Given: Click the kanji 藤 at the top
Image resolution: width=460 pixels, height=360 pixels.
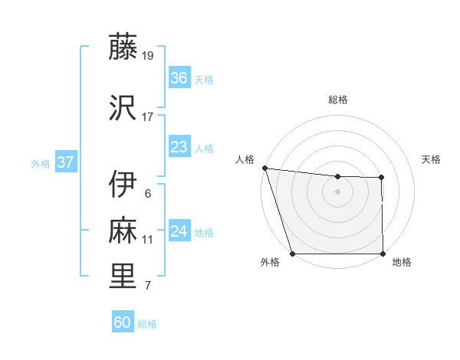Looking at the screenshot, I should click(123, 47).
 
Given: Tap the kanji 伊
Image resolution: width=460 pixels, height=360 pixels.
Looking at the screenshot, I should click(123, 185).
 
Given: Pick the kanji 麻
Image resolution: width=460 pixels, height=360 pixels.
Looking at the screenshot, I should click(123, 229).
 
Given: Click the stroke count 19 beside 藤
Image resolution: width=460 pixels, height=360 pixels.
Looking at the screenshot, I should click(148, 56).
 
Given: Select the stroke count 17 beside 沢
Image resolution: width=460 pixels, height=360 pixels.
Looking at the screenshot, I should click(148, 116).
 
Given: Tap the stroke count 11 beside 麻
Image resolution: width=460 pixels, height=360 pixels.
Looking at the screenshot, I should click(148, 240).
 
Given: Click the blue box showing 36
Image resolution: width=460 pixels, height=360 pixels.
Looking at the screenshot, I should click(179, 78).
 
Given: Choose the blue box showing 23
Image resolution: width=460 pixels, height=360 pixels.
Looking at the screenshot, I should click(179, 147).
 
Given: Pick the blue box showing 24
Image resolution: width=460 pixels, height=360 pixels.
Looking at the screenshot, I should click(179, 231).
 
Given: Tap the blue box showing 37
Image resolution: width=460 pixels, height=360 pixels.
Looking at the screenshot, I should click(65, 162).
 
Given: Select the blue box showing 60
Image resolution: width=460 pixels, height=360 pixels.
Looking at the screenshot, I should click(122, 322).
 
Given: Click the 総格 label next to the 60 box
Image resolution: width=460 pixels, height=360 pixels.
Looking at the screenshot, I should click(147, 324).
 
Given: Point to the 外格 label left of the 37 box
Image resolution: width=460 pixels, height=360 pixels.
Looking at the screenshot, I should click(41, 163).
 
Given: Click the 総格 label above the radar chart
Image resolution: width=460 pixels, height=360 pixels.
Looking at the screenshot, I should click(338, 100).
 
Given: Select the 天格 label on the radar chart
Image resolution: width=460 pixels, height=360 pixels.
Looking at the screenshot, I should click(432, 159).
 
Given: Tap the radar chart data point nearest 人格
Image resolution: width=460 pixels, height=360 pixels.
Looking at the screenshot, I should click(264, 168).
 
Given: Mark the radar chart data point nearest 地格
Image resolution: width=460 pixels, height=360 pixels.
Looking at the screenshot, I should click(383, 254).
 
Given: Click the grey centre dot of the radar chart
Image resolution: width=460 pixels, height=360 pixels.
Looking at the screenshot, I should click(337, 191).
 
